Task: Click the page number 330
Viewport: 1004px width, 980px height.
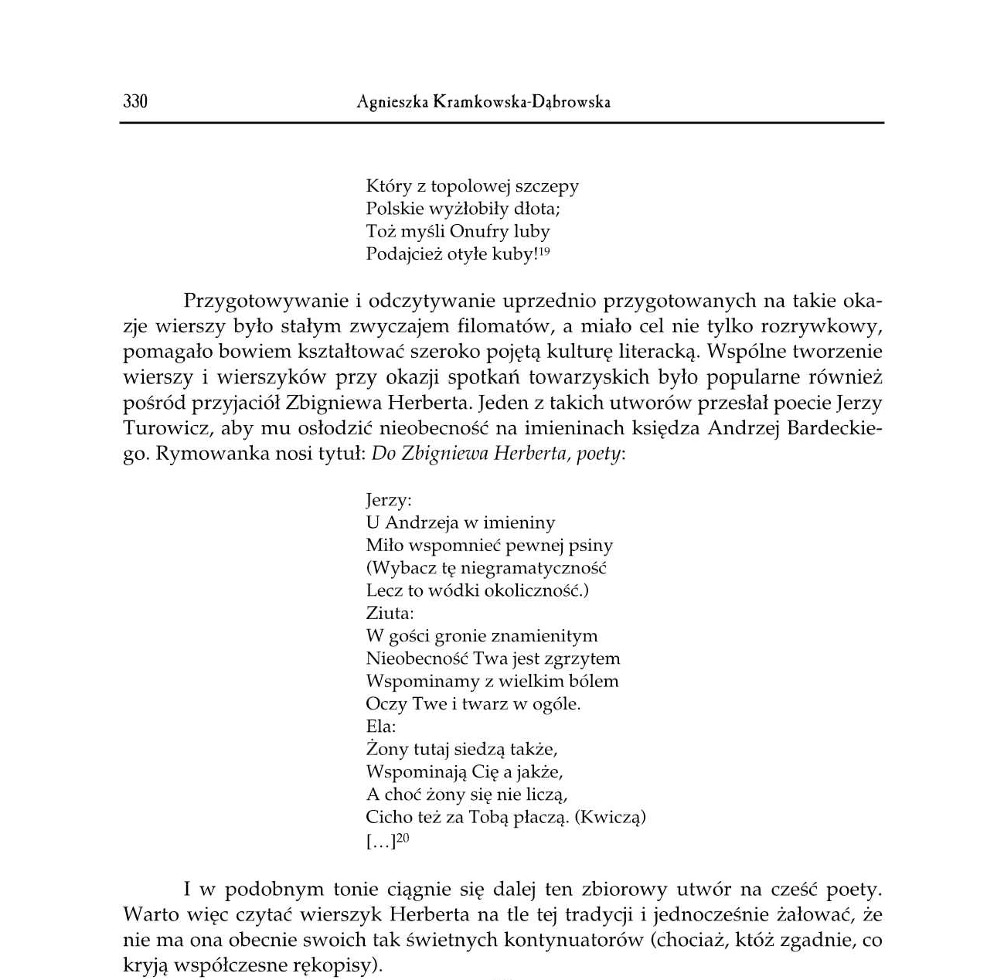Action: [134, 101]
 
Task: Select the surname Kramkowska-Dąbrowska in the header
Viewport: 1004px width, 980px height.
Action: [522, 102]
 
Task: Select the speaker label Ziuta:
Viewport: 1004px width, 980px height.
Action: [390, 614]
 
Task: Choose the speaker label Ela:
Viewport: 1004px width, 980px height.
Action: [380, 726]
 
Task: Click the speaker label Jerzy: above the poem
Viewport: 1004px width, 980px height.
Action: [388, 500]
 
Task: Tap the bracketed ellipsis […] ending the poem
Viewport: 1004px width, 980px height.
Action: [380, 842]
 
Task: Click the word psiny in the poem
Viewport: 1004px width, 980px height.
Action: [590, 546]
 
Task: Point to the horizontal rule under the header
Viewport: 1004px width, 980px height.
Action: [502, 123]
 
